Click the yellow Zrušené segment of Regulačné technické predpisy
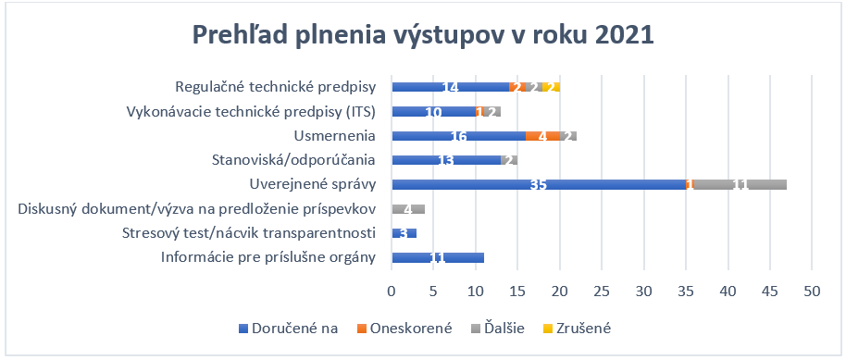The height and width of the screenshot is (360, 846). pos(552,87)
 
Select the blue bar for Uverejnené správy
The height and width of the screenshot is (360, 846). pos(539,184)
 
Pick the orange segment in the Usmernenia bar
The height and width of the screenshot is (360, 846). pos(543,136)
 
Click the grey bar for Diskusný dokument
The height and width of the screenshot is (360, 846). pos(409,209)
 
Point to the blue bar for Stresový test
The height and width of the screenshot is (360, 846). pos(404,233)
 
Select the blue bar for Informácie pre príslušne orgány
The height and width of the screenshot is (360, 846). pos(438,257)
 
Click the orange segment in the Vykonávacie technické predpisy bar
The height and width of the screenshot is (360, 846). pos(480,112)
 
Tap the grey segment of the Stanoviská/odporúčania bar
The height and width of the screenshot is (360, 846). pos(509,160)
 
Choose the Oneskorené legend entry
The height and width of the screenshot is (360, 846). pos(404,328)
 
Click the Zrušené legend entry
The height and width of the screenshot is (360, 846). pos(575,328)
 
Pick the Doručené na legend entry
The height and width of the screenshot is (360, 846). pos(288,328)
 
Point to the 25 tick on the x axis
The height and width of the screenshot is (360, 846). pos(602,292)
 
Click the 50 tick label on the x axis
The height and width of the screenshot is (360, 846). pos(812,292)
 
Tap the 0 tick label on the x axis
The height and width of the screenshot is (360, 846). pos(392,292)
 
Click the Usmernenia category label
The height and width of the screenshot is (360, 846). pos(334,136)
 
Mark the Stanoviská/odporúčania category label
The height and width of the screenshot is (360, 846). pos(294,160)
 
